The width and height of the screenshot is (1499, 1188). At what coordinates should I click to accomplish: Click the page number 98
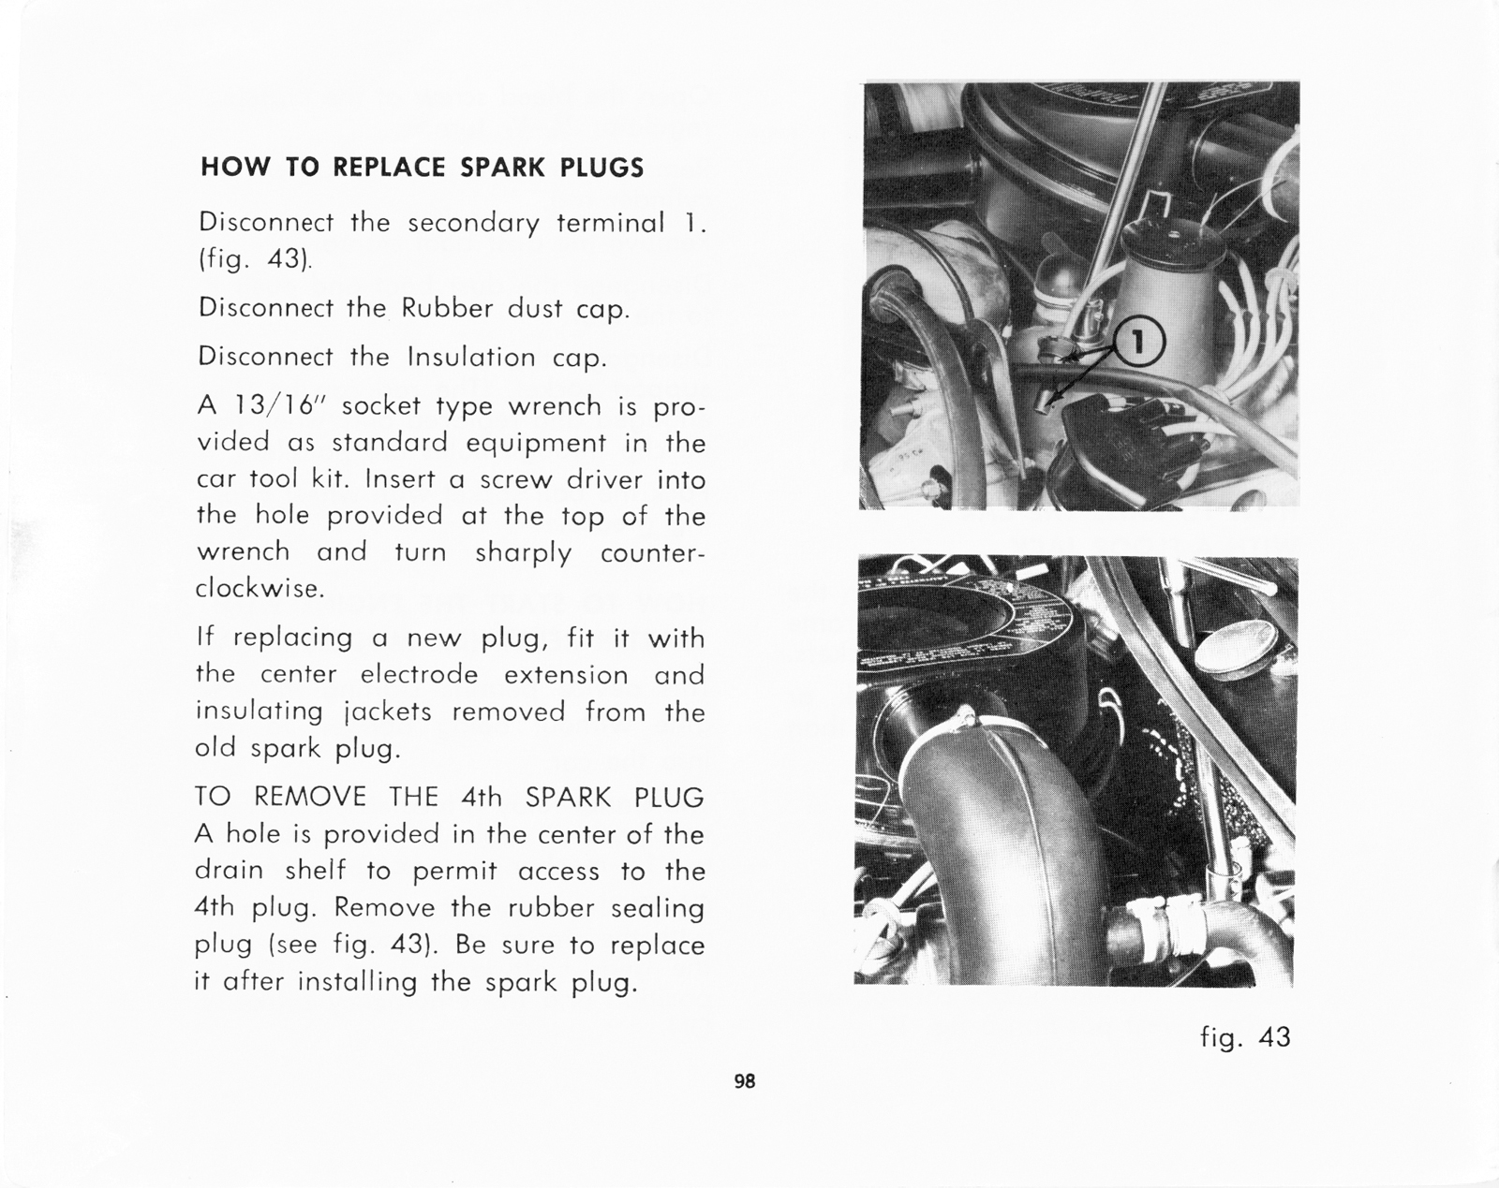pos(744,1081)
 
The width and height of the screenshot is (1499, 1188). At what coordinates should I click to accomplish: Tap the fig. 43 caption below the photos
pos(1245,1037)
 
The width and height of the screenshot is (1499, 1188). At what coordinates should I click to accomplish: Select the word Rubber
pos(447,309)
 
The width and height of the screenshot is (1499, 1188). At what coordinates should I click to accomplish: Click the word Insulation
pos(471,358)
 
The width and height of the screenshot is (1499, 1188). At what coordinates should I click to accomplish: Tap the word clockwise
pos(260,590)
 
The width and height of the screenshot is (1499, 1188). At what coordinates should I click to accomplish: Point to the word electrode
pos(419,675)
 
